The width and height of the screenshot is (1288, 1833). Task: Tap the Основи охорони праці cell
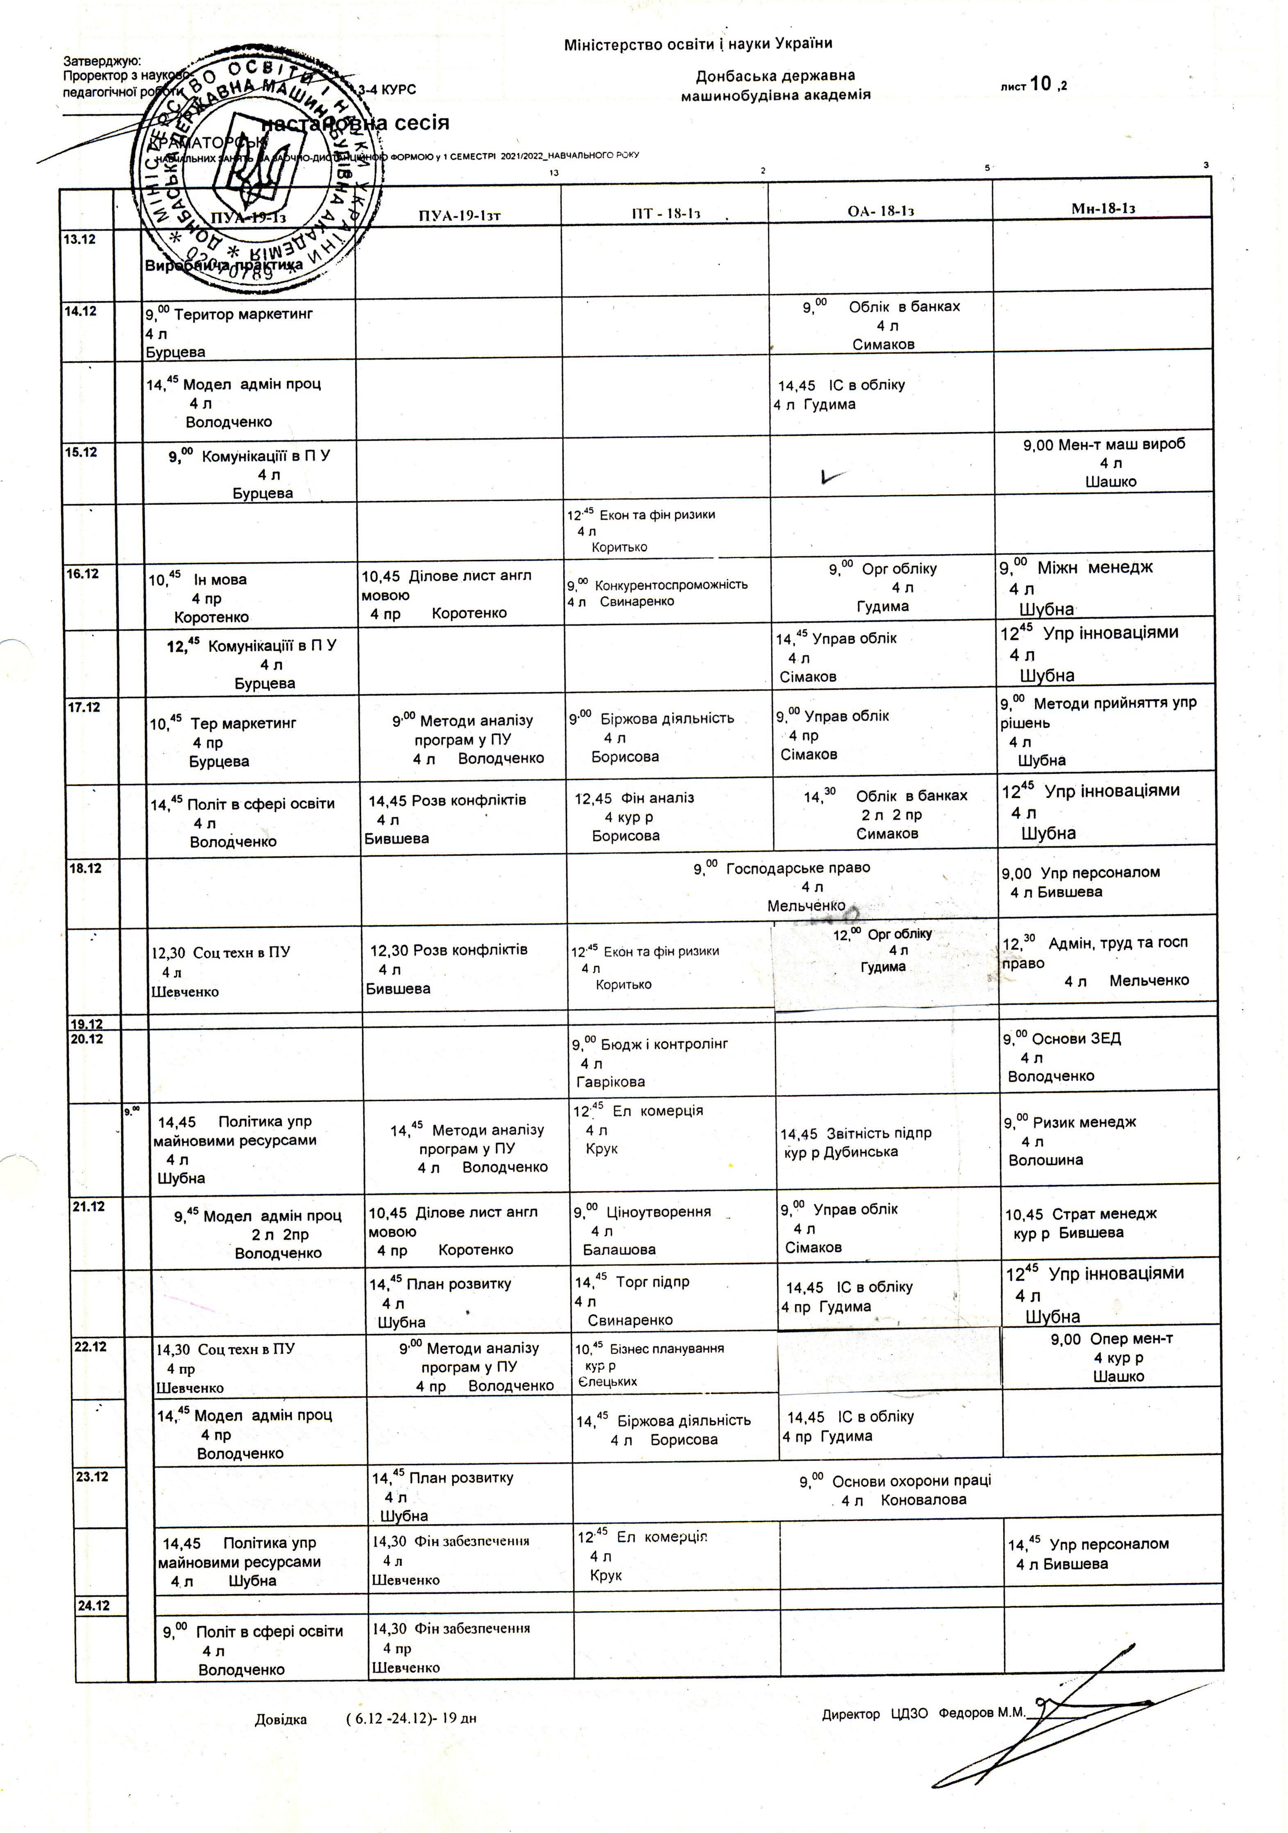pyautogui.click(x=896, y=1490)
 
